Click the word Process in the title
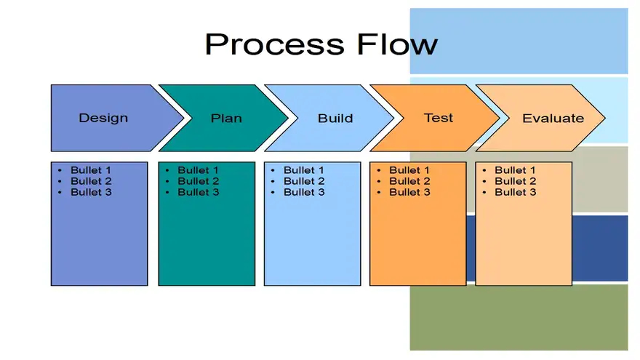click(275, 45)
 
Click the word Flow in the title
click(397, 44)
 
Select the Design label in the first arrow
click(103, 118)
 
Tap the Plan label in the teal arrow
click(226, 119)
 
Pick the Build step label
click(335, 119)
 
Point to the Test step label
click(439, 118)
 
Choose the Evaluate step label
click(553, 119)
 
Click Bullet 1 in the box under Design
click(91, 169)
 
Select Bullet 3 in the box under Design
click(91, 192)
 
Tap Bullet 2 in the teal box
click(199, 181)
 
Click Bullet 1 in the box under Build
click(304, 169)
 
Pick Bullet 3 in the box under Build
click(304, 192)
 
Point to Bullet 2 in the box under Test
click(409, 181)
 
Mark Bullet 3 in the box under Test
click(409, 192)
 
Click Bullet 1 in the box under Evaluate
click(515, 169)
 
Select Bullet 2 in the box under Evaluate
click(516, 181)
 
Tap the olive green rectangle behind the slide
click(519, 318)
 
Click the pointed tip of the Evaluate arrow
click(605, 118)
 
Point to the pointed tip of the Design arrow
click(183, 118)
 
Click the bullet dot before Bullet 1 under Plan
click(167, 170)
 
